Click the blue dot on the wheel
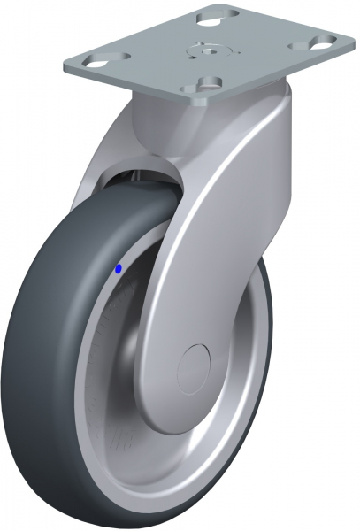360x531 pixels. [x=119, y=269]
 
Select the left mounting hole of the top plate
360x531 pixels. [x=92, y=60]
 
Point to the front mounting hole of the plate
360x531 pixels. [x=210, y=84]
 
